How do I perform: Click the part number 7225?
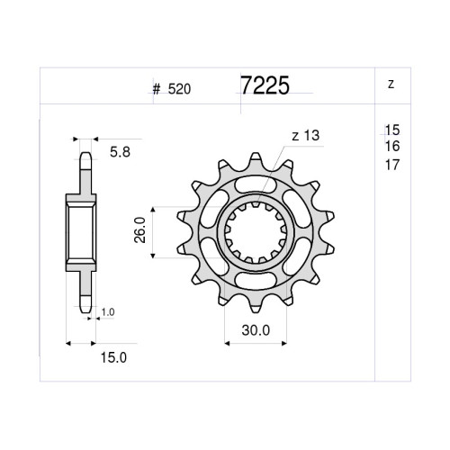pyautogui.click(x=265, y=85)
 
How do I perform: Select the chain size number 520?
pyautogui.click(x=179, y=89)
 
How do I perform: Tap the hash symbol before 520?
pyautogui.click(x=157, y=89)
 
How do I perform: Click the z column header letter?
pyautogui.click(x=391, y=85)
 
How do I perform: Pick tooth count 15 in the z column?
pyautogui.click(x=392, y=130)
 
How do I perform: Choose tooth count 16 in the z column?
pyautogui.click(x=392, y=147)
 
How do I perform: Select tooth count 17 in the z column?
pyautogui.click(x=392, y=165)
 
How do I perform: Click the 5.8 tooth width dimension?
pyautogui.click(x=120, y=152)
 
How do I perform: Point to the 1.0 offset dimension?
pyautogui.click(x=108, y=312)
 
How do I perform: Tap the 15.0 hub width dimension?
pyautogui.click(x=113, y=357)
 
